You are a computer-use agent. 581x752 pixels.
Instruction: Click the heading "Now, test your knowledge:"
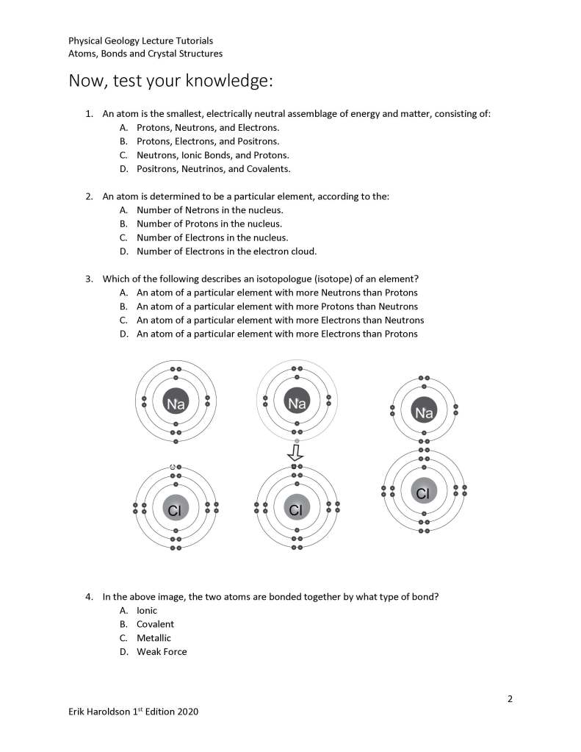click(x=170, y=80)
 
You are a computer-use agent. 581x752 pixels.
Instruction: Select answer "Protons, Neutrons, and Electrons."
click(x=207, y=128)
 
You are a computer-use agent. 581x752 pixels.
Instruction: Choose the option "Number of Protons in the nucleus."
click(x=209, y=223)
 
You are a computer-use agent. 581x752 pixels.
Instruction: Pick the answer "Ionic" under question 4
click(x=146, y=610)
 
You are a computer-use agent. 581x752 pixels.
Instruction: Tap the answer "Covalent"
click(x=155, y=624)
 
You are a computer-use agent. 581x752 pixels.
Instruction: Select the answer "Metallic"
click(x=154, y=638)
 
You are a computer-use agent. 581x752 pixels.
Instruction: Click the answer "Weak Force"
click(x=162, y=651)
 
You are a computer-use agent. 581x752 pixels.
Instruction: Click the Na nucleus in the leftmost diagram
click(x=176, y=402)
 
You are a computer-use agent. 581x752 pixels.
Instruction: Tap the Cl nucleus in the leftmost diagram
click(x=175, y=509)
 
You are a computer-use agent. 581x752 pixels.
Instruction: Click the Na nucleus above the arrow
click(x=297, y=402)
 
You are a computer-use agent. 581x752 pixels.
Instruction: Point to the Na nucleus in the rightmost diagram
click(x=424, y=412)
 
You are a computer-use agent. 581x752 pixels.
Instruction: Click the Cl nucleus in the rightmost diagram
click(x=423, y=493)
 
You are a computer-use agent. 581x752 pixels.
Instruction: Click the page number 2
click(x=510, y=698)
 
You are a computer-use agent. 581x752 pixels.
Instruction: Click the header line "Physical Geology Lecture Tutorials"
click(x=140, y=40)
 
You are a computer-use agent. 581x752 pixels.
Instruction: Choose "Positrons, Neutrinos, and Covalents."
click(x=213, y=168)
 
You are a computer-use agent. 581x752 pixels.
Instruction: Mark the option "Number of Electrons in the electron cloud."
click(x=226, y=251)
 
